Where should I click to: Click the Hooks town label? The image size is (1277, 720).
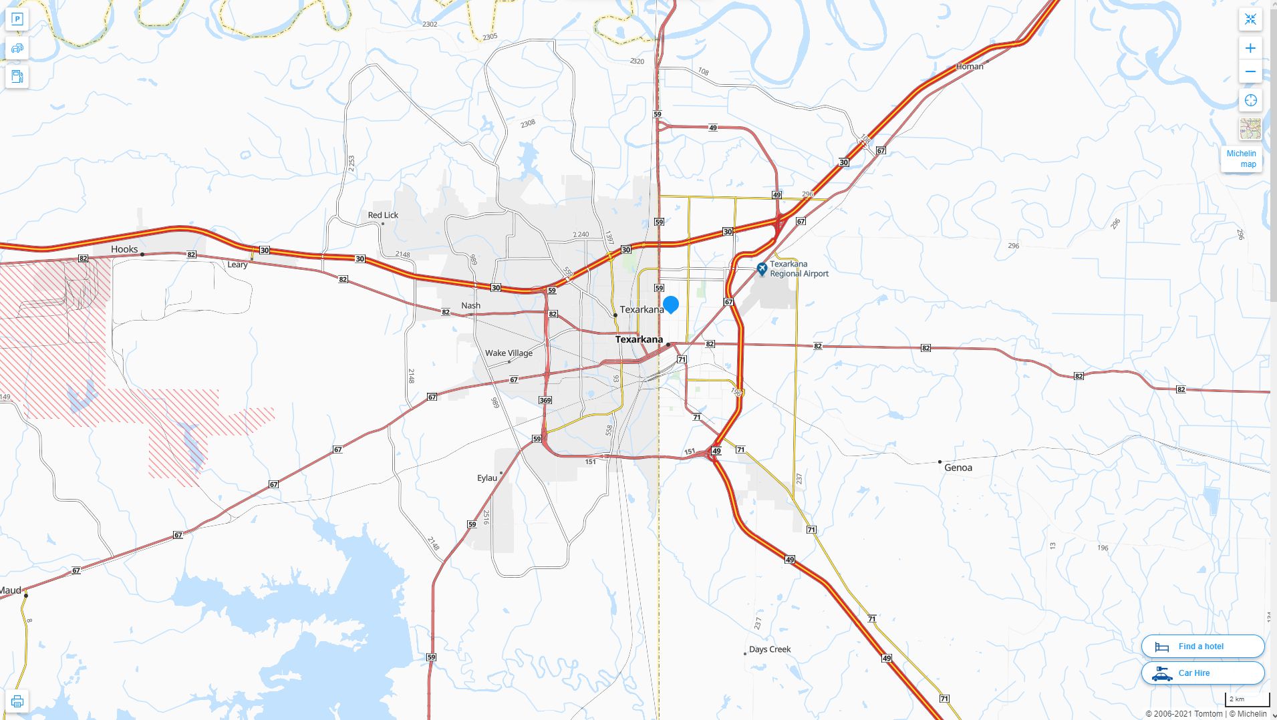(124, 249)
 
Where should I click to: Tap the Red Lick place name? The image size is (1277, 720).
(383, 215)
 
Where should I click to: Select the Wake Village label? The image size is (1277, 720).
(509, 353)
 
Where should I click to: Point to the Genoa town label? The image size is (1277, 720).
(958, 468)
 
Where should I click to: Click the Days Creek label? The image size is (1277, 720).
(769, 649)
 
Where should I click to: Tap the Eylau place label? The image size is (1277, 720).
(487, 478)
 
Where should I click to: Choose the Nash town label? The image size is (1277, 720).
(470, 305)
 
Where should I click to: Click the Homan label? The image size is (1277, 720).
(970, 66)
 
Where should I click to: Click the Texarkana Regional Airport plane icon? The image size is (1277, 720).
(761, 268)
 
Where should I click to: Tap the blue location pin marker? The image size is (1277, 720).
(671, 305)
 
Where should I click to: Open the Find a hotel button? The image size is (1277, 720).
(1202, 647)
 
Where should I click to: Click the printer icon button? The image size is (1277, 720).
(17, 701)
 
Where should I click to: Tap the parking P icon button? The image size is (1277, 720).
(17, 19)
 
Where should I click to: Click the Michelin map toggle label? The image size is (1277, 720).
(1241, 159)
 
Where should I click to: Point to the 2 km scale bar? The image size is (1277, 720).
(1246, 699)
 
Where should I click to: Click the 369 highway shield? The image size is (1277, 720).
(545, 400)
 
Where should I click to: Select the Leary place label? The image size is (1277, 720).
(237, 264)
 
